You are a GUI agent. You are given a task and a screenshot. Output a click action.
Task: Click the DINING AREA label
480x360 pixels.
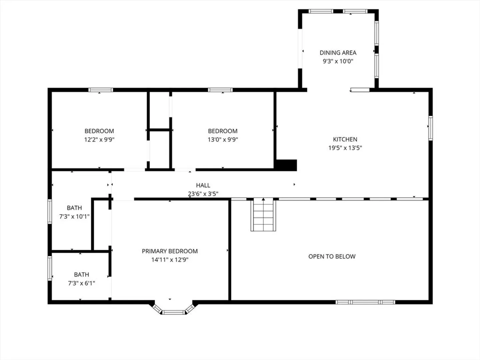[x=338, y=53]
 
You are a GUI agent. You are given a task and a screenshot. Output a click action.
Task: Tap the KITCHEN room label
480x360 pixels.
[x=345, y=139]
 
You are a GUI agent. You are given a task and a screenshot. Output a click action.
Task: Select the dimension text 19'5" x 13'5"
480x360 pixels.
[x=345, y=148]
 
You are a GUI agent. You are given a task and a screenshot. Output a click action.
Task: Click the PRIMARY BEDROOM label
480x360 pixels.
[x=170, y=251]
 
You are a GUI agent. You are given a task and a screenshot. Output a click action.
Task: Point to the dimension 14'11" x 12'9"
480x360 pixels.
[x=170, y=260]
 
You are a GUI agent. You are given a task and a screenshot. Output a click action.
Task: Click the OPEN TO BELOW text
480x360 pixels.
[x=332, y=256]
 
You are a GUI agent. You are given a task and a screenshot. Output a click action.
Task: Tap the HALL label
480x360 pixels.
[x=203, y=185]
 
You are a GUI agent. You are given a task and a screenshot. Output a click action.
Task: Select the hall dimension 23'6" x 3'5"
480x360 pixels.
[x=203, y=194]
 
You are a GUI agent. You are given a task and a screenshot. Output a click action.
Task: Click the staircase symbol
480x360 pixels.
[x=263, y=214]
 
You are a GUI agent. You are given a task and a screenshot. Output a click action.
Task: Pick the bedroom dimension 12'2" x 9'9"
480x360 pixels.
[x=99, y=139]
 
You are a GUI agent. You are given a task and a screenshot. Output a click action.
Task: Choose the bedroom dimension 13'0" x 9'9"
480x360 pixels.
[x=223, y=139]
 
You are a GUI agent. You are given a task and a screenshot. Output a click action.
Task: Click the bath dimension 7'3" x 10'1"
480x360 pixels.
[x=74, y=217]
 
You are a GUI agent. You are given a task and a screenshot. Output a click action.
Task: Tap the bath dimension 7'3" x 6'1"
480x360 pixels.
[x=81, y=283]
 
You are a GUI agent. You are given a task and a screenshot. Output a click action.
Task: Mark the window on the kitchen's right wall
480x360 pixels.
[x=430, y=128]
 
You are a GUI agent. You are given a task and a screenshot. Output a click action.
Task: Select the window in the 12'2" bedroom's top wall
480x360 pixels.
[x=101, y=90]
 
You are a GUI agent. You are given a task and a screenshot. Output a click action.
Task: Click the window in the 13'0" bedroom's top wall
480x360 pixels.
[x=220, y=90]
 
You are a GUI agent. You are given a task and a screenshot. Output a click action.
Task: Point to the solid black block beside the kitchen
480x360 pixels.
[x=286, y=165]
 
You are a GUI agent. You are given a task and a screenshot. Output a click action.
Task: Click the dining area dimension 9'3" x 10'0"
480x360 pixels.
[x=338, y=61]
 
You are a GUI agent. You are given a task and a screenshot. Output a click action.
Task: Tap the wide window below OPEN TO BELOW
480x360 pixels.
[x=365, y=302]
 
